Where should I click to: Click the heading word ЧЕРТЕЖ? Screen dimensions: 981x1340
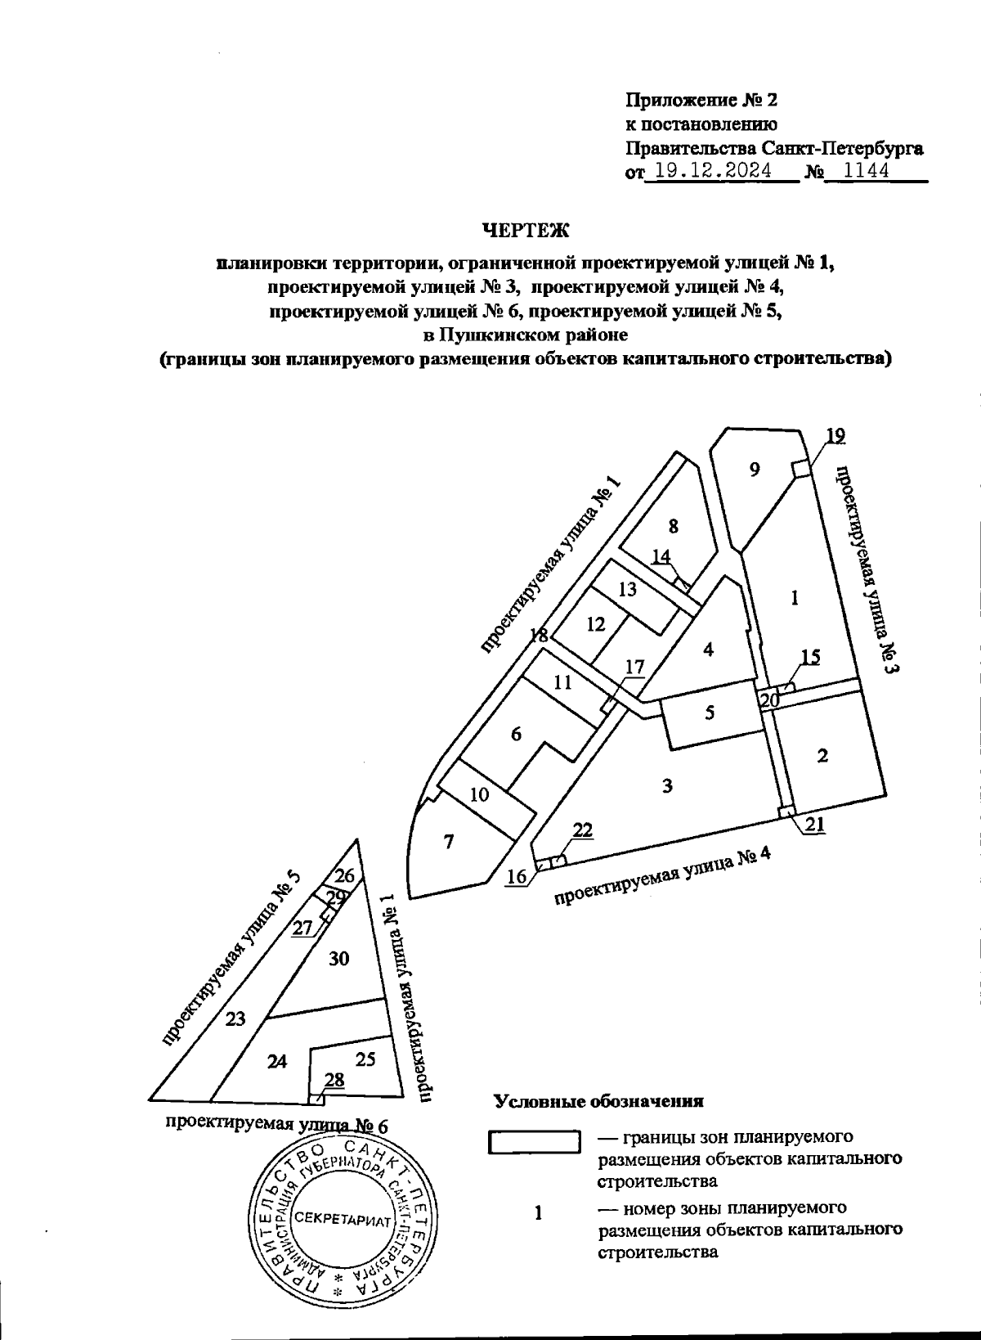coord(525,231)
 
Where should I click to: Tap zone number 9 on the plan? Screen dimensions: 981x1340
coord(755,470)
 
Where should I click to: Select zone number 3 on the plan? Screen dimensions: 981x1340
coord(667,786)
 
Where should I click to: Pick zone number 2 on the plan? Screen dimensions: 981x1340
coord(822,756)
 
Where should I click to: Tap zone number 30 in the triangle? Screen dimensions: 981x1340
coord(339,958)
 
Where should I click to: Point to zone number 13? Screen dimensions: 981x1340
coord(627,588)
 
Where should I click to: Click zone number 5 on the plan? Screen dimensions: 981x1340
coord(710,713)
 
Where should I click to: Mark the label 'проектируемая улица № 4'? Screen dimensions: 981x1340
coord(663,879)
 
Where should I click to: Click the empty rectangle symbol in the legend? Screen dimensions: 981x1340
coord(534,1141)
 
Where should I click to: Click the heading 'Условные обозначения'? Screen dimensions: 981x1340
coord(599,1101)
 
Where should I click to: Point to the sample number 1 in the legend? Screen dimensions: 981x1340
coord(539,1213)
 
